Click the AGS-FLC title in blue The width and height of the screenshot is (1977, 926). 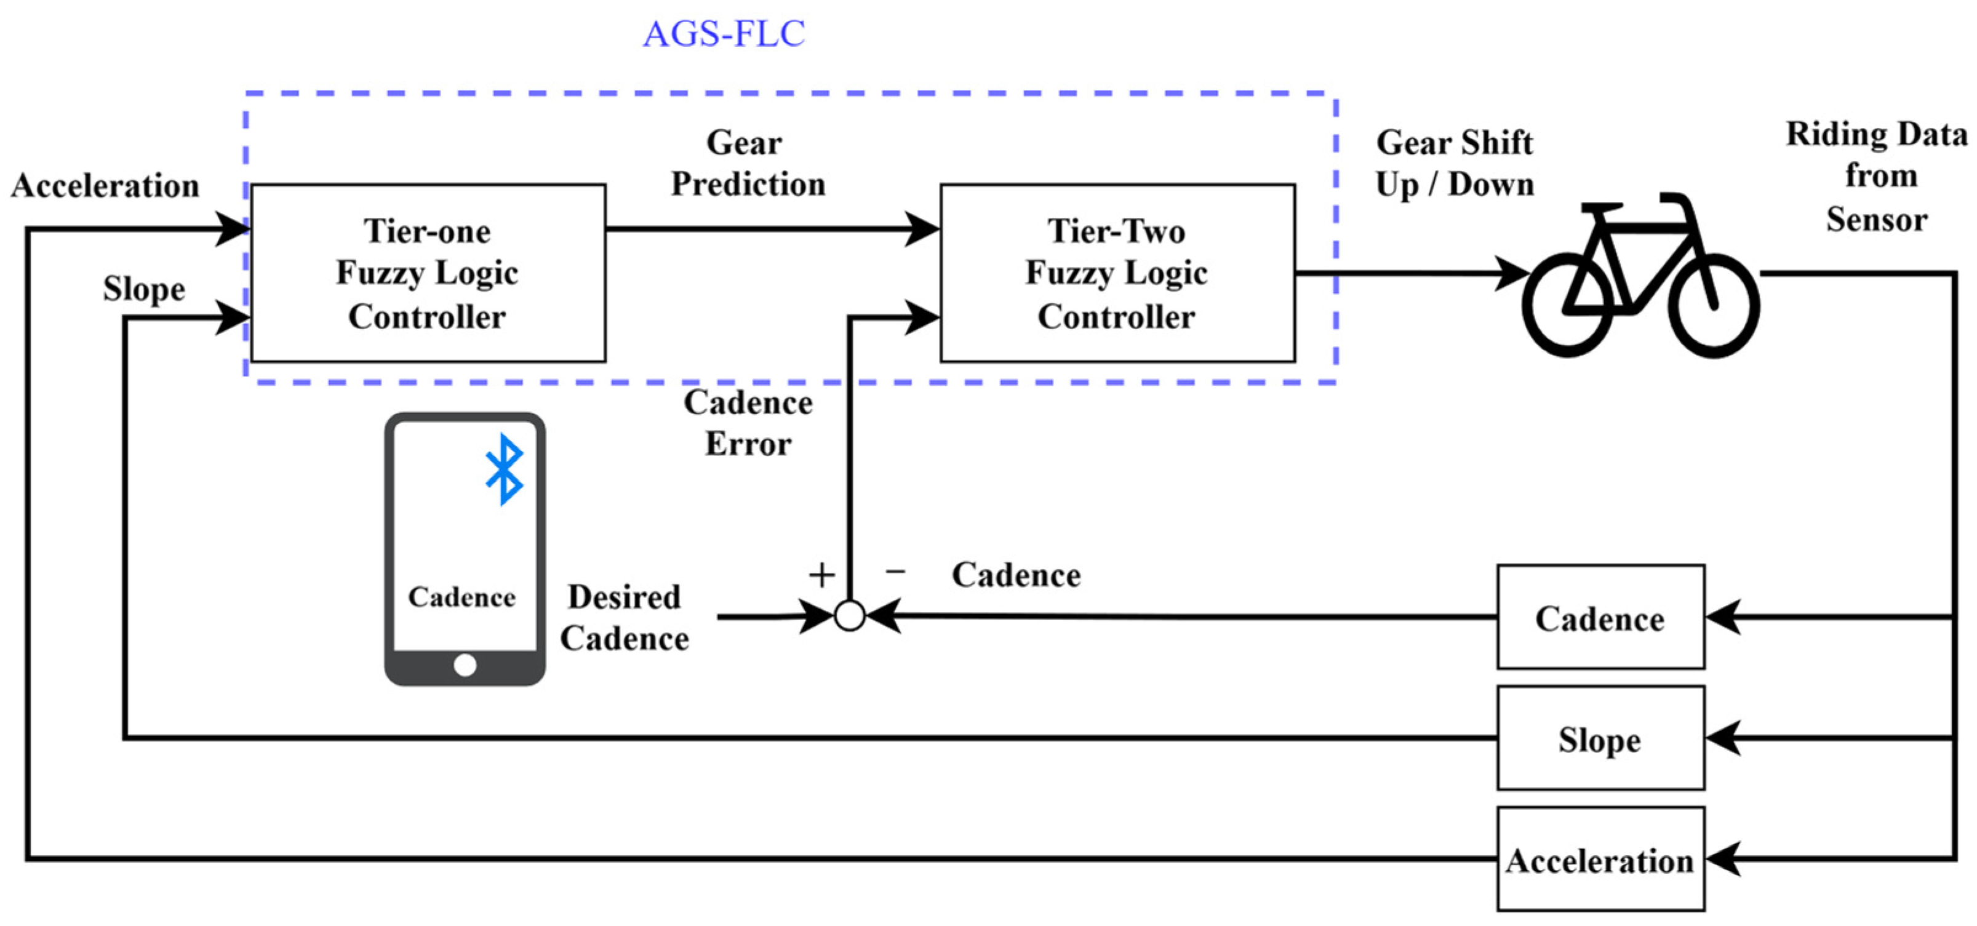724,34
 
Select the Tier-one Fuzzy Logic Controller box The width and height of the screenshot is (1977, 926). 428,273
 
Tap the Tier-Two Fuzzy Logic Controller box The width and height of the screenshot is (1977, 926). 1117,273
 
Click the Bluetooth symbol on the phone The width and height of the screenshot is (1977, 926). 504,469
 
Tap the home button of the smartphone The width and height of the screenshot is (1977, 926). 465,665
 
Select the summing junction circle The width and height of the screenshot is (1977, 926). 850,616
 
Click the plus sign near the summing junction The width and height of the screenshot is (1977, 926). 822,575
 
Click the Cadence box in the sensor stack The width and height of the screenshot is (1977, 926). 1600,618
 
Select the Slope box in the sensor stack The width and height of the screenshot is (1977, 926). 1600,738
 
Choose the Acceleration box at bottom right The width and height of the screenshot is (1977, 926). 1600,860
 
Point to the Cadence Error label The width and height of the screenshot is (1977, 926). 748,423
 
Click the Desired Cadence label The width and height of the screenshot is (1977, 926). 624,618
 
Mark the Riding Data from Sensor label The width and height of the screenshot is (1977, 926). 1877,177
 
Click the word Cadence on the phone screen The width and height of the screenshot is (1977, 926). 462,597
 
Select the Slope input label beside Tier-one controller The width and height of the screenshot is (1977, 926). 144,289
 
